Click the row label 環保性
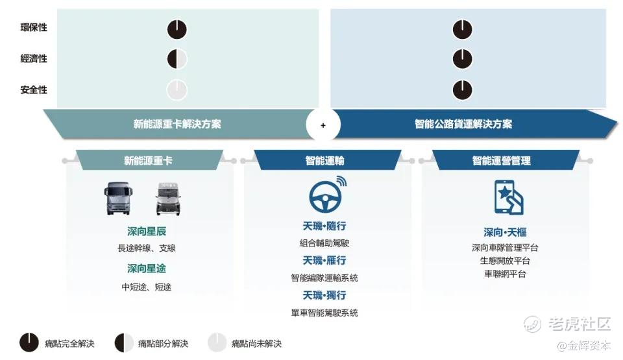coord(34,27)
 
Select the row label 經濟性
coord(34,59)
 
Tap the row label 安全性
coord(34,90)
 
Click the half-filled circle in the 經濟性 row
coord(177,59)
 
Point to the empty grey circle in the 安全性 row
coord(177,90)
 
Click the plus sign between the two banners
coord(323,125)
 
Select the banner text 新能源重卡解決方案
coord(177,124)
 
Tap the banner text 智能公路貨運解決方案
coord(463,124)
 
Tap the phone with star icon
coord(509,197)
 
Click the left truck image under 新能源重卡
coord(118,198)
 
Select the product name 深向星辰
coord(147,232)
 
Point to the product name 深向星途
coord(147,269)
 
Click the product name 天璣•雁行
coord(324,260)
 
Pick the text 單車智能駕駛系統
coord(324,313)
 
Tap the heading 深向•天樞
coord(505,232)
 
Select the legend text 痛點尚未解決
coord(256,343)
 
